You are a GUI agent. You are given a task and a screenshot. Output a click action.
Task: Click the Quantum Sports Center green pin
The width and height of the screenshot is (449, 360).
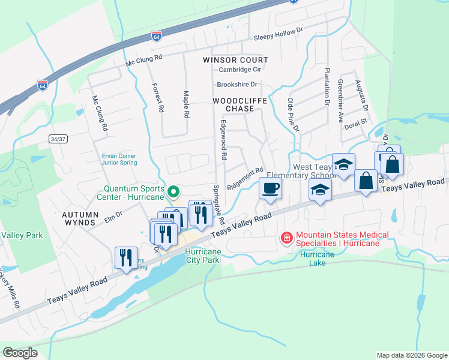click(x=174, y=193)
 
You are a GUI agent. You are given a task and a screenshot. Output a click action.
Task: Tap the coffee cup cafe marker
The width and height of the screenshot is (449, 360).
click(x=270, y=188)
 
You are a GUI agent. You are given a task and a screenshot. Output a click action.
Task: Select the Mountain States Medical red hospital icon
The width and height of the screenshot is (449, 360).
click(x=287, y=239)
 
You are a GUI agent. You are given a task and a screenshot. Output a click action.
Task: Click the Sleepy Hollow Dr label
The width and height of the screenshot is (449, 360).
click(x=279, y=37)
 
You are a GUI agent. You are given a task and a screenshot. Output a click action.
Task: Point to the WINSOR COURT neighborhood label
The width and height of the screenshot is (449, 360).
click(x=235, y=60)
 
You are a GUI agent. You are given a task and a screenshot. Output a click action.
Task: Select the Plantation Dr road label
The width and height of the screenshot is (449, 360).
click(x=328, y=87)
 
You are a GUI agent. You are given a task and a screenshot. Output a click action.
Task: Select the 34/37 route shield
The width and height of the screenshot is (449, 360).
click(x=57, y=139)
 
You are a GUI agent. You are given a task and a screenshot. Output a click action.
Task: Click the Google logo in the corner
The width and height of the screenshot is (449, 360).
click(x=20, y=353)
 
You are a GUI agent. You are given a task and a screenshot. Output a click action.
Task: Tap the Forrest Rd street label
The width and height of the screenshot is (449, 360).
click(x=159, y=98)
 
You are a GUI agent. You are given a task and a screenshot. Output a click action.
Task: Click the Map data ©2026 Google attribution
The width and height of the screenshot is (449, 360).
click(x=411, y=355)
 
